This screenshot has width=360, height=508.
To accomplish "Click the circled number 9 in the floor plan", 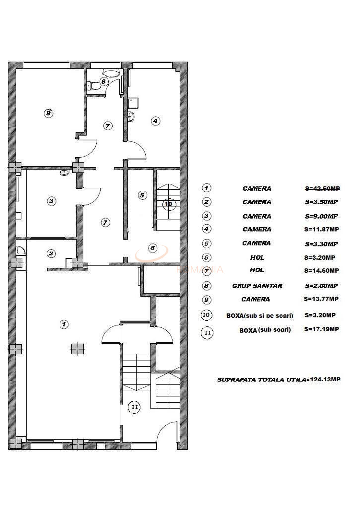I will point(48,113).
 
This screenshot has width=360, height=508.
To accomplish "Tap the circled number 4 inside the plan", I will point(155,120).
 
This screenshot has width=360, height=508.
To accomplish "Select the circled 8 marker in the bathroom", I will point(104,81).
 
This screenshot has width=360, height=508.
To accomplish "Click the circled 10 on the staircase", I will point(169,204).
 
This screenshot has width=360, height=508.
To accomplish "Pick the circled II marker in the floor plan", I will point(134,407).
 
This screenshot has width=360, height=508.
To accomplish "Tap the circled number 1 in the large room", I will point(63,324).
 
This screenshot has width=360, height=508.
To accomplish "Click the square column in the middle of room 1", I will point(76,349).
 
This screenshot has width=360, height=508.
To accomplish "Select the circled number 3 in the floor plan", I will point(51,201).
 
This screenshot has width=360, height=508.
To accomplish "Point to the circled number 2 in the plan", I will point(51,254).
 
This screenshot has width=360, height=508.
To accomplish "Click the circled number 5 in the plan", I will point(142,195).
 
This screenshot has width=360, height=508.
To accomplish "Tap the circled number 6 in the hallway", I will point(152,248).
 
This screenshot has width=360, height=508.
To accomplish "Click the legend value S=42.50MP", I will point(322,189).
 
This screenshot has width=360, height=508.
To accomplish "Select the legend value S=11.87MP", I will point(322,229).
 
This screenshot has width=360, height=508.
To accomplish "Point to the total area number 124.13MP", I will point(325,380).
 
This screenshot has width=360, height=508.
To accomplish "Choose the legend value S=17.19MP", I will point(322,329).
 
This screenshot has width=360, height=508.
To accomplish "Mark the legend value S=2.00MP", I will point(321,286).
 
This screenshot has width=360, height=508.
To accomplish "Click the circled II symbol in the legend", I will point(207,332).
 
